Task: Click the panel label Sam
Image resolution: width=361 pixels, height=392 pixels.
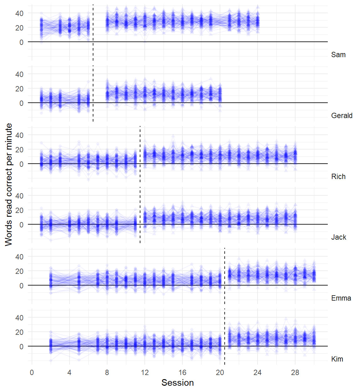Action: [x=338, y=55]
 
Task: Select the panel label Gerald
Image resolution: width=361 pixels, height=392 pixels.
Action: [x=342, y=116]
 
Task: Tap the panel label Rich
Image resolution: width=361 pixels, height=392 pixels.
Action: [x=338, y=177]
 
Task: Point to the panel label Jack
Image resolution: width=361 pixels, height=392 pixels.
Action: [x=338, y=237]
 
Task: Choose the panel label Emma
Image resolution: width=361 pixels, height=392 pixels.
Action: [x=341, y=298]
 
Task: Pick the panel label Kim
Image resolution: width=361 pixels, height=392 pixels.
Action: [x=337, y=359]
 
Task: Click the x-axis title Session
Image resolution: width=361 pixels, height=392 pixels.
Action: [x=177, y=383]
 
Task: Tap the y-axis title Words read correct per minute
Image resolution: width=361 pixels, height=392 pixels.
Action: [x=8, y=184]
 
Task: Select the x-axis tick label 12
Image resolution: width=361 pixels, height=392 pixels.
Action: [x=145, y=373]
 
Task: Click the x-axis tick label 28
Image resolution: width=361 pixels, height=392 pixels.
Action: [x=295, y=373]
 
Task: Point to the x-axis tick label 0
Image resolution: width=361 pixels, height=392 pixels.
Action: [x=32, y=373]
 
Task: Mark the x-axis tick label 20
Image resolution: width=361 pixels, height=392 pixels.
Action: [x=220, y=373]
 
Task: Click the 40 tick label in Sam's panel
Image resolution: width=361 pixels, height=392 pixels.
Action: [x=19, y=13]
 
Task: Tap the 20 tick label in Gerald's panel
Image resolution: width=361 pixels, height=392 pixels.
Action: [x=19, y=89]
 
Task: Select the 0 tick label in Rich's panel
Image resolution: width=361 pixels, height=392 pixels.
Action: [x=21, y=164]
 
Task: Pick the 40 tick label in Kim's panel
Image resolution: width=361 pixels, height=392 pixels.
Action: [x=19, y=318]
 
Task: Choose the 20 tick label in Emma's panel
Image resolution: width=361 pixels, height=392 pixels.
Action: [x=19, y=271]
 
